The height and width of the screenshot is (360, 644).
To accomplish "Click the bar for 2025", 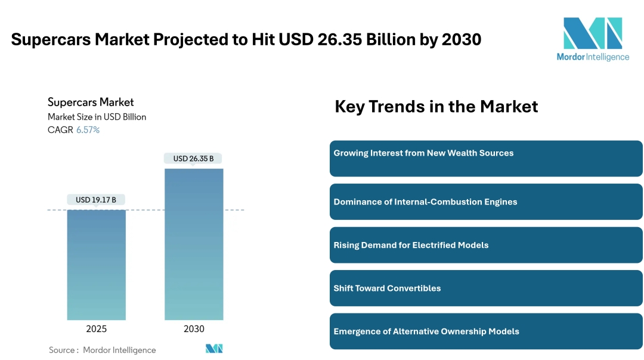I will tap(96, 265).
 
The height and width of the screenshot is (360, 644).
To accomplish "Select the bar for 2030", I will tap(194, 244).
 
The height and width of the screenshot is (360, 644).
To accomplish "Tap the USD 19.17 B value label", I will tap(96, 200).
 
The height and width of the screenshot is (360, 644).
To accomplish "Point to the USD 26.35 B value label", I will tap(193, 159).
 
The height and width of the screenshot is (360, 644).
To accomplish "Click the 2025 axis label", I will tap(96, 329).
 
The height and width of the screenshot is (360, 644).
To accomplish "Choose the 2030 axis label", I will tap(194, 329).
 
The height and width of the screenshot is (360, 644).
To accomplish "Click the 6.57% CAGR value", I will tap(88, 130).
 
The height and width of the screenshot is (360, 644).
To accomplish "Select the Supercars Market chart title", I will tap(91, 102).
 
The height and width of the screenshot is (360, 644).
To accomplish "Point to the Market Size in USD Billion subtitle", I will tap(97, 117).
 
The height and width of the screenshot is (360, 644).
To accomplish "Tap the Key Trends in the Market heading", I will tap(436, 107).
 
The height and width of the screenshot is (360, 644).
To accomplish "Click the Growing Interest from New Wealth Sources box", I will tap(486, 159).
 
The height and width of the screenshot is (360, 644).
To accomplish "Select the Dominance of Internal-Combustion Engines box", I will tap(486, 201).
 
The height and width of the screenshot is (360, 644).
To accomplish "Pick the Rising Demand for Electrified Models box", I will tap(486, 245).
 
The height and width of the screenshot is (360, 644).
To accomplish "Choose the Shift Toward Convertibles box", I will tap(486, 288).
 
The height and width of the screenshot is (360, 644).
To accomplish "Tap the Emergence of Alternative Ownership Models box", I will tap(486, 331).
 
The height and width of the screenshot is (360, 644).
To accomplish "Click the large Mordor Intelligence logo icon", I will tap(593, 33).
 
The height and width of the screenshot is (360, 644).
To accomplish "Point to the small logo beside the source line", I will tap(214, 349).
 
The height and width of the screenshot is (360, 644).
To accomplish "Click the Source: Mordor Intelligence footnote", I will tap(102, 350).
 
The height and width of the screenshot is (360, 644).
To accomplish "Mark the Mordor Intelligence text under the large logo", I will tap(593, 57).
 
